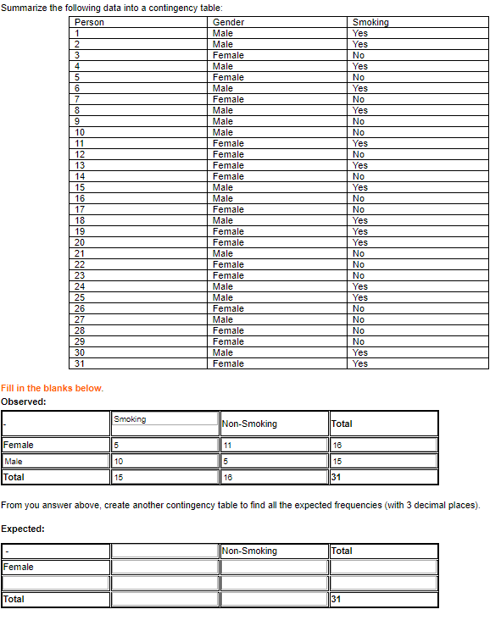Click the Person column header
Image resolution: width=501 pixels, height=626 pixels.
(x=90, y=22)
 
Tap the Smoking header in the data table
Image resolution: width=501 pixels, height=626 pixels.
(x=370, y=22)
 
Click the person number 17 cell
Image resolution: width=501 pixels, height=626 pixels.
(x=81, y=209)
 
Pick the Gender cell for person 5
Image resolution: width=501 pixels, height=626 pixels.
(x=228, y=77)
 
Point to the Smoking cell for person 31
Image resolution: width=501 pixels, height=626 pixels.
(x=360, y=363)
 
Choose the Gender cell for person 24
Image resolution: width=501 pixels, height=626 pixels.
(x=223, y=286)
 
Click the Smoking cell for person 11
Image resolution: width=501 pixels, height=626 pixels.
(x=360, y=143)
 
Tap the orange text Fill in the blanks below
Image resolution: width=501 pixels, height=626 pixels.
(x=53, y=388)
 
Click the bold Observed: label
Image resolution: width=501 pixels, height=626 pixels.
(x=24, y=402)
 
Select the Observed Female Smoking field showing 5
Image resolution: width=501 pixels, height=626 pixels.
(x=164, y=445)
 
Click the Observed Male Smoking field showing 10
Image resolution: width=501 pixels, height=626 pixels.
(x=164, y=462)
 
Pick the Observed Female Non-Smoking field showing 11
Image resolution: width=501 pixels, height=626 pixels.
(x=274, y=445)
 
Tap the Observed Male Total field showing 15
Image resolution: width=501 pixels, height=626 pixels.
(x=383, y=462)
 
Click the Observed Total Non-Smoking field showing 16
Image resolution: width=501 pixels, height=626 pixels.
(x=274, y=477)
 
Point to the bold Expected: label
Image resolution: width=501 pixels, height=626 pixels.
(x=24, y=529)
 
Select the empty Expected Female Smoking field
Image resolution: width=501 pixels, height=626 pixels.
(x=164, y=567)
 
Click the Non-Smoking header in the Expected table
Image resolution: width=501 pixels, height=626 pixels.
(x=249, y=551)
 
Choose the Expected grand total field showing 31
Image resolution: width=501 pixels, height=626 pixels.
(x=383, y=599)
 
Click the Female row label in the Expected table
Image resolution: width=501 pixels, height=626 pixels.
(x=19, y=567)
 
